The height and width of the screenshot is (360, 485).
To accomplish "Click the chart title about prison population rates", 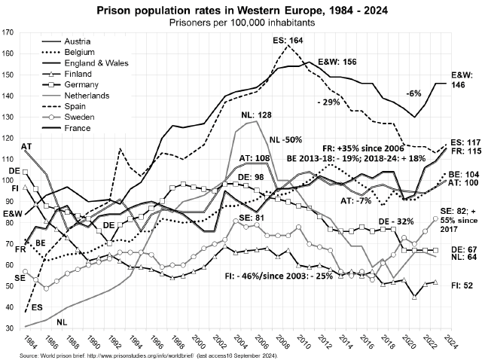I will click(242, 11).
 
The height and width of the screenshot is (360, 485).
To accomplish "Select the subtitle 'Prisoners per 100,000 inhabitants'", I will click(242, 23).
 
